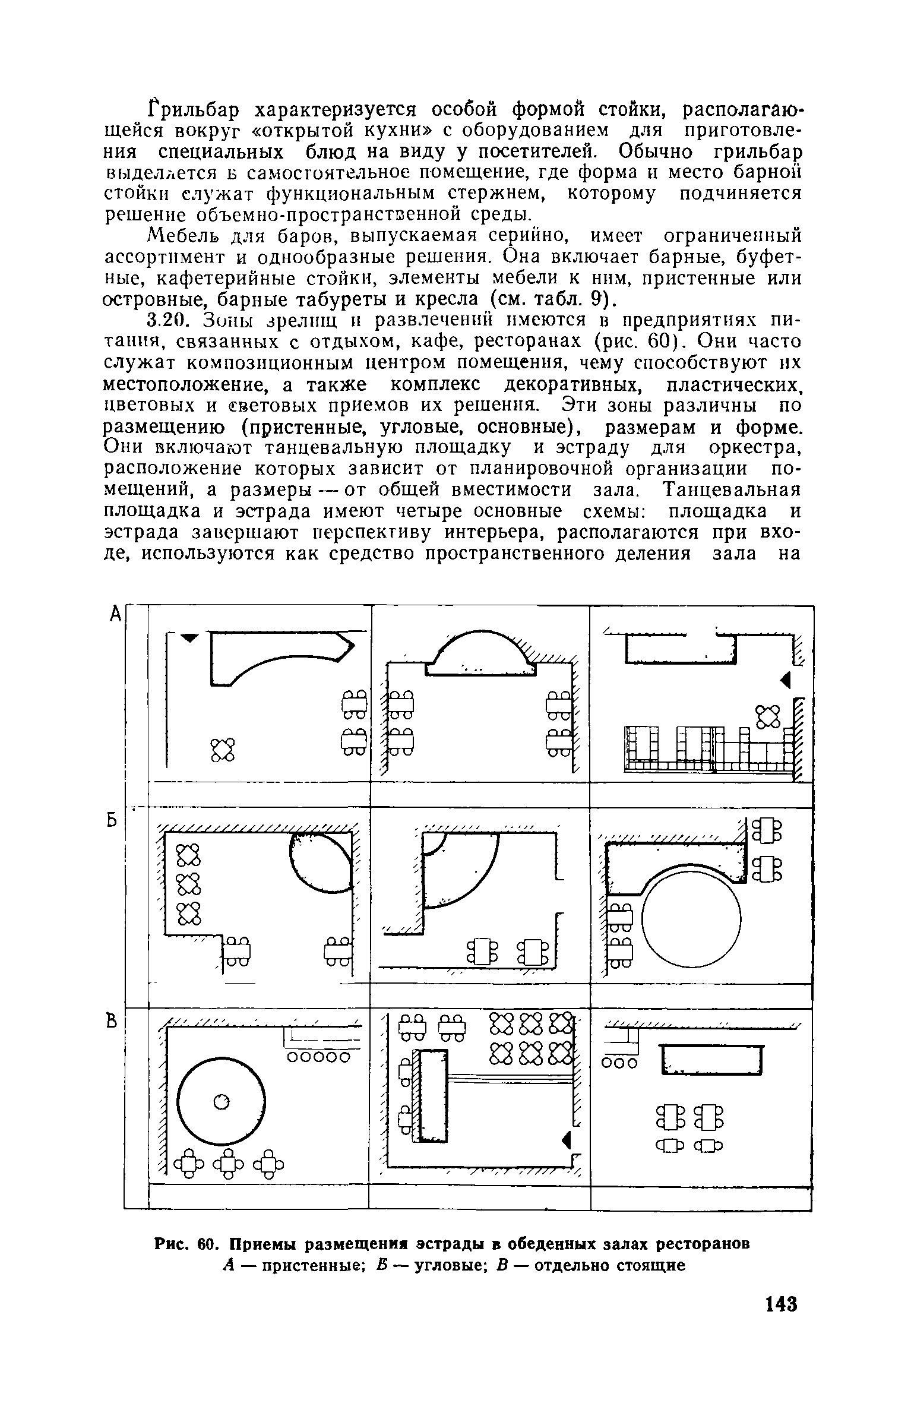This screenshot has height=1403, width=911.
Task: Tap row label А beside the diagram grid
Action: [116, 614]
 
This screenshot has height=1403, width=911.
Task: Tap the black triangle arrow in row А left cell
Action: [188, 637]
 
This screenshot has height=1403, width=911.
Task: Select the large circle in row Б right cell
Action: [691, 918]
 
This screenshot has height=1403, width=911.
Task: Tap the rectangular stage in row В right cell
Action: [711, 1060]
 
